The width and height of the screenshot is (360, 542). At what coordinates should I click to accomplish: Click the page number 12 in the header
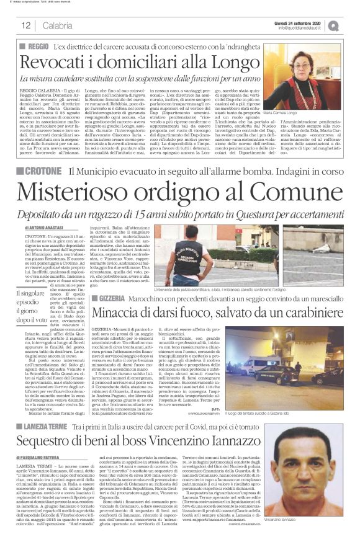(26, 25)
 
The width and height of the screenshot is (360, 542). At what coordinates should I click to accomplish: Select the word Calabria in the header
(58, 25)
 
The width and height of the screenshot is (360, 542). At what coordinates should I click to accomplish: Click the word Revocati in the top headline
(56, 63)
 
